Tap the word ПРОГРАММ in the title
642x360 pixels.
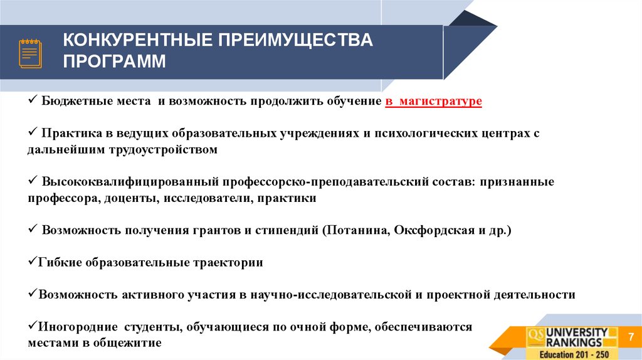pyautogui.click(x=115, y=62)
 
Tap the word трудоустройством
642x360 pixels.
pyautogui.click(x=164, y=151)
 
